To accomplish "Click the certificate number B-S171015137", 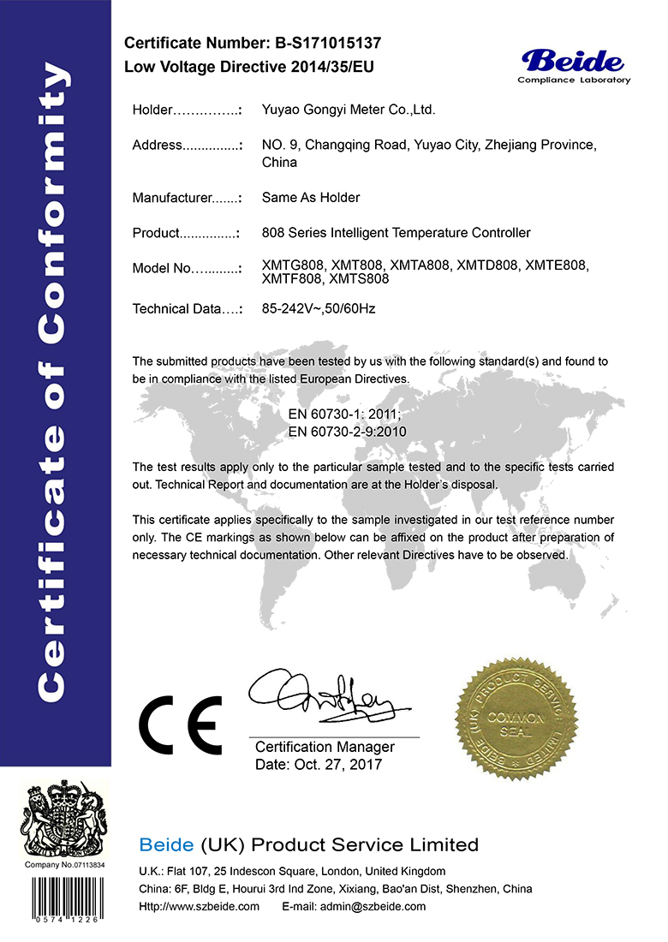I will coord(328,43).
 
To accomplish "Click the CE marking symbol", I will coord(180,724).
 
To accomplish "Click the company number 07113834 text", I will coord(85,864).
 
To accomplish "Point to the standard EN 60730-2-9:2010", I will coord(347,432).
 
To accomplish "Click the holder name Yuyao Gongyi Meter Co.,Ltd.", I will coord(349,110).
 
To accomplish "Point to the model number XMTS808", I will coord(359,279).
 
